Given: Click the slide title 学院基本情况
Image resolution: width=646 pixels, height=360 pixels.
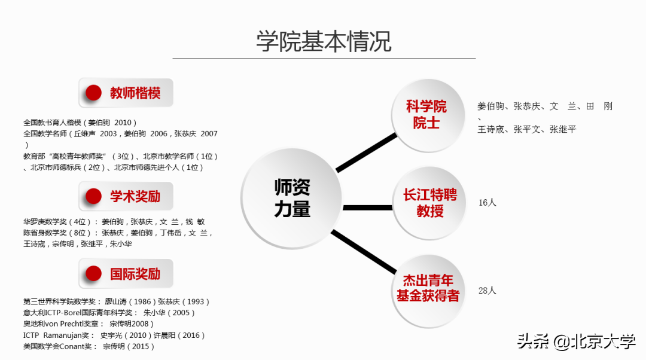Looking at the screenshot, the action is [x=324, y=41].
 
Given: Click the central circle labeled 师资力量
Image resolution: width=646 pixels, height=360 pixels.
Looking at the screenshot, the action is [x=292, y=198].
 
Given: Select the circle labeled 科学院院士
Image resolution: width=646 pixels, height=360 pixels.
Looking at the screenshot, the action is [x=426, y=115].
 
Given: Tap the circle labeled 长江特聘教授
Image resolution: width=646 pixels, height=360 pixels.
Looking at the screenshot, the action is [x=429, y=203].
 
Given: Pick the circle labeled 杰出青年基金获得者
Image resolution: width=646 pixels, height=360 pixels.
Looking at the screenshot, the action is [x=428, y=288].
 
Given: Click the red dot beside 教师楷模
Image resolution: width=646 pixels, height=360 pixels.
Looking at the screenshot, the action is [x=93, y=93].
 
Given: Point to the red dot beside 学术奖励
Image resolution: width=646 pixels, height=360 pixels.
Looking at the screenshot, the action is [x=93, y=196].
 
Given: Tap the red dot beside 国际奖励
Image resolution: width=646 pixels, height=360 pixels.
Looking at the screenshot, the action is [x=93, y=274].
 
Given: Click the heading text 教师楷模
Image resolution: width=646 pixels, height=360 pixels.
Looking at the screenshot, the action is [x=135, y=93].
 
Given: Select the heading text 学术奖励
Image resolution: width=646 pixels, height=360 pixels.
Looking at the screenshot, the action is [x=135, y=196].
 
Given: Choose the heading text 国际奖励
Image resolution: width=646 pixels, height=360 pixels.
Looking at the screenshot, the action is [x=135, y=274].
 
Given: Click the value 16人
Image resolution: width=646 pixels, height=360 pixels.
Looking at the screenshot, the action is [x=487, y=203].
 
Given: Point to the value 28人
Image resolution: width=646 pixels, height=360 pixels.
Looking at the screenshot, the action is [x=487, y=291].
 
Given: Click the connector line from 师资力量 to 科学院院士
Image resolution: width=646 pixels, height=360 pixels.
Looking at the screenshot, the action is [x=366, y=153].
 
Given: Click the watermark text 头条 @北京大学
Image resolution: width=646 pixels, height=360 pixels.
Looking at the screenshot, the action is [x=576, y=341].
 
